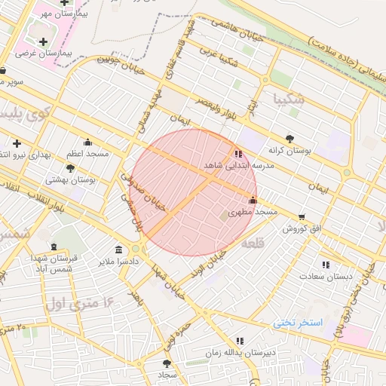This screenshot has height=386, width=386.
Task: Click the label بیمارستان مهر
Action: coord(63,14)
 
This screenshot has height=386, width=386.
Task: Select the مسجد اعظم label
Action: coord(87,154)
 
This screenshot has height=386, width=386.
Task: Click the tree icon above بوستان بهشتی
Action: coord(71,168)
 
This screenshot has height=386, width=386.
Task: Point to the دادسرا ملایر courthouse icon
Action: coord(118,250)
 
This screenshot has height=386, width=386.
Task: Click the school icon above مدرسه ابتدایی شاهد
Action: coord(239,154)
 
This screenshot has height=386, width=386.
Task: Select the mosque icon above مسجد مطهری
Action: coord(253,201)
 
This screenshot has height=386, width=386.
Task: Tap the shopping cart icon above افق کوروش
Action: coord(302,217)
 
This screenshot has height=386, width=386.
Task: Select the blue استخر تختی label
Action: coord(298,323)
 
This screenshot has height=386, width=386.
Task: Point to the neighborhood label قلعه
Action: coord(253,245)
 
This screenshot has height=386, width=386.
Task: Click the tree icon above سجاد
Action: coord(167,363)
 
